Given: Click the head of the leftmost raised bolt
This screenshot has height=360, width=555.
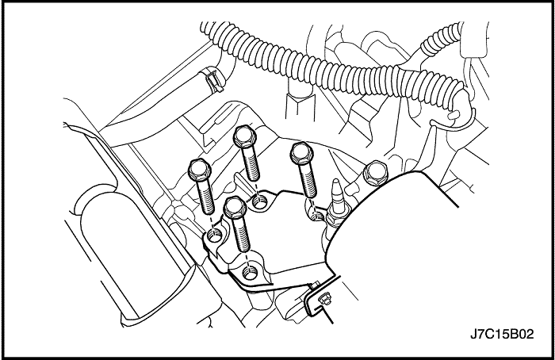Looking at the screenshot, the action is click(x=200, y=169).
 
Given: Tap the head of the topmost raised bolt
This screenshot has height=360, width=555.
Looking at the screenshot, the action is click(x=244, y=136).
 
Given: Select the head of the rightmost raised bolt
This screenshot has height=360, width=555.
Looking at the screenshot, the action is click(x=301, y=152).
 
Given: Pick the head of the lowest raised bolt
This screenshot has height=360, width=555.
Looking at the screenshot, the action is click(x=235, y=207).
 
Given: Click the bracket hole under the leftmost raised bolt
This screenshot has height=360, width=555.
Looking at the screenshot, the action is click(x=215, y=235).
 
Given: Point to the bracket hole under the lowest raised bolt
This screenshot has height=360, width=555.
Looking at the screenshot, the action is click(x=251, y=273).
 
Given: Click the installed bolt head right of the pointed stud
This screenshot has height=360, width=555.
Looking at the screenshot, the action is click(x=376, y=174).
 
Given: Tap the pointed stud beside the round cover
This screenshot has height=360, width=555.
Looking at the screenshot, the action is click(x=336, y=193).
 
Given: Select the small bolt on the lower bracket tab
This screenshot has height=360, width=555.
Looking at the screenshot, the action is click(x=324, y=299).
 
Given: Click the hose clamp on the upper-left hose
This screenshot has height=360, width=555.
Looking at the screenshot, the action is click(x=212, y=79).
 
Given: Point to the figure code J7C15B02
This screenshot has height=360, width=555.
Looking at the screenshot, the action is click(x=502, y=334).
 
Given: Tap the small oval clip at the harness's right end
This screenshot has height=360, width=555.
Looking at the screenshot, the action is click(x=454, y=115).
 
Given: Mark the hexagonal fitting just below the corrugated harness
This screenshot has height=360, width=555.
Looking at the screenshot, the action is click(x=300, y=105).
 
